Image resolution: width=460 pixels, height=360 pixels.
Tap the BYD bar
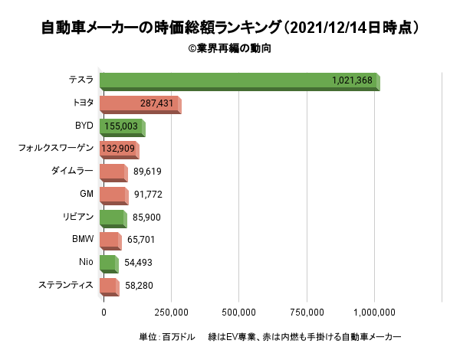coord(121,127)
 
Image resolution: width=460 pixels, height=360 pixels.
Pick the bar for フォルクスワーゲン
coord(117,149)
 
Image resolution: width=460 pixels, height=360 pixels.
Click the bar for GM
coord(113,195)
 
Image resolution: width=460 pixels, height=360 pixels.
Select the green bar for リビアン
coord(112,218)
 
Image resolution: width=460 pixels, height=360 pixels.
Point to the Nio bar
coord(108,263)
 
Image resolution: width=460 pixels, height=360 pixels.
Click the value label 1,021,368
coord(353,80)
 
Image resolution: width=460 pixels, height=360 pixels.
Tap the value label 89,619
coord(147,172)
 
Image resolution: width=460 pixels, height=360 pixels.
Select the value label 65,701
coord(142,240)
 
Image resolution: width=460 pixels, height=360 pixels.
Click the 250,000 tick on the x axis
coord(171,312)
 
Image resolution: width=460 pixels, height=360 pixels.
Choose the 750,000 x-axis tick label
coord(307,312)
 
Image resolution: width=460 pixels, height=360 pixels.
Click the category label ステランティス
coord(66,285)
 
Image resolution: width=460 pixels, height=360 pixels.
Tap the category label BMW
coord(82,240)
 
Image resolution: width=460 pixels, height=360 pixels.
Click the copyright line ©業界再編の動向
coord(229,48)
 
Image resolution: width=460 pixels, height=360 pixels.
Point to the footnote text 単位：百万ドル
coord(166,337)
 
